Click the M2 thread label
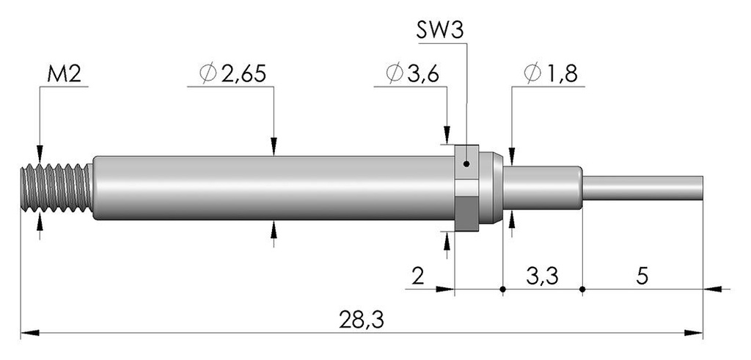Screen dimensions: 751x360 pyautogui.click(x=65, y=75)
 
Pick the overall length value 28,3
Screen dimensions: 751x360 pyautogui.click(x=362, y=320)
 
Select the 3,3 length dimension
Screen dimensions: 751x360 pyautogui.click(x=542, y=276)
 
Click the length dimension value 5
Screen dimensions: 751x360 pyautogui.click(x=642, y=276)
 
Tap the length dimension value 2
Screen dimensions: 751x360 pyautogui.click(x=417, y=276)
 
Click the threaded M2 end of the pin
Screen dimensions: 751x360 pyautogui.click(x=56, y=188)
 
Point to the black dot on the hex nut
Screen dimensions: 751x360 pyautogui.click(x=467, y=164)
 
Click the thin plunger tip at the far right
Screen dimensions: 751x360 pyautogui.click(x=642, y=188)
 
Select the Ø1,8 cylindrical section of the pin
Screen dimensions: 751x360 pyautogui.click(x=543, y=188)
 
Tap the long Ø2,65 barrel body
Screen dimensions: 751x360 pyautogui.click(x=273, y=188)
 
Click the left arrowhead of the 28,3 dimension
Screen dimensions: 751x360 pyautogui.click(x=29, y=333)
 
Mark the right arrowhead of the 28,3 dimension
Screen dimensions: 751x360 pyautogui.click(x=694, y=333)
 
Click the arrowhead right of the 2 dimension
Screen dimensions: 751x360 pyautogui.click(x=445, y=289)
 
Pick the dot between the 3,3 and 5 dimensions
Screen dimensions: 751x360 pyautogui.click(x=582, y=289)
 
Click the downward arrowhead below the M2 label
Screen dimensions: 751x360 pyautogui.click(x=40, y=154)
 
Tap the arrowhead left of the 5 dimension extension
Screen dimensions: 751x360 pyautogui.click(x=713, y=289)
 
